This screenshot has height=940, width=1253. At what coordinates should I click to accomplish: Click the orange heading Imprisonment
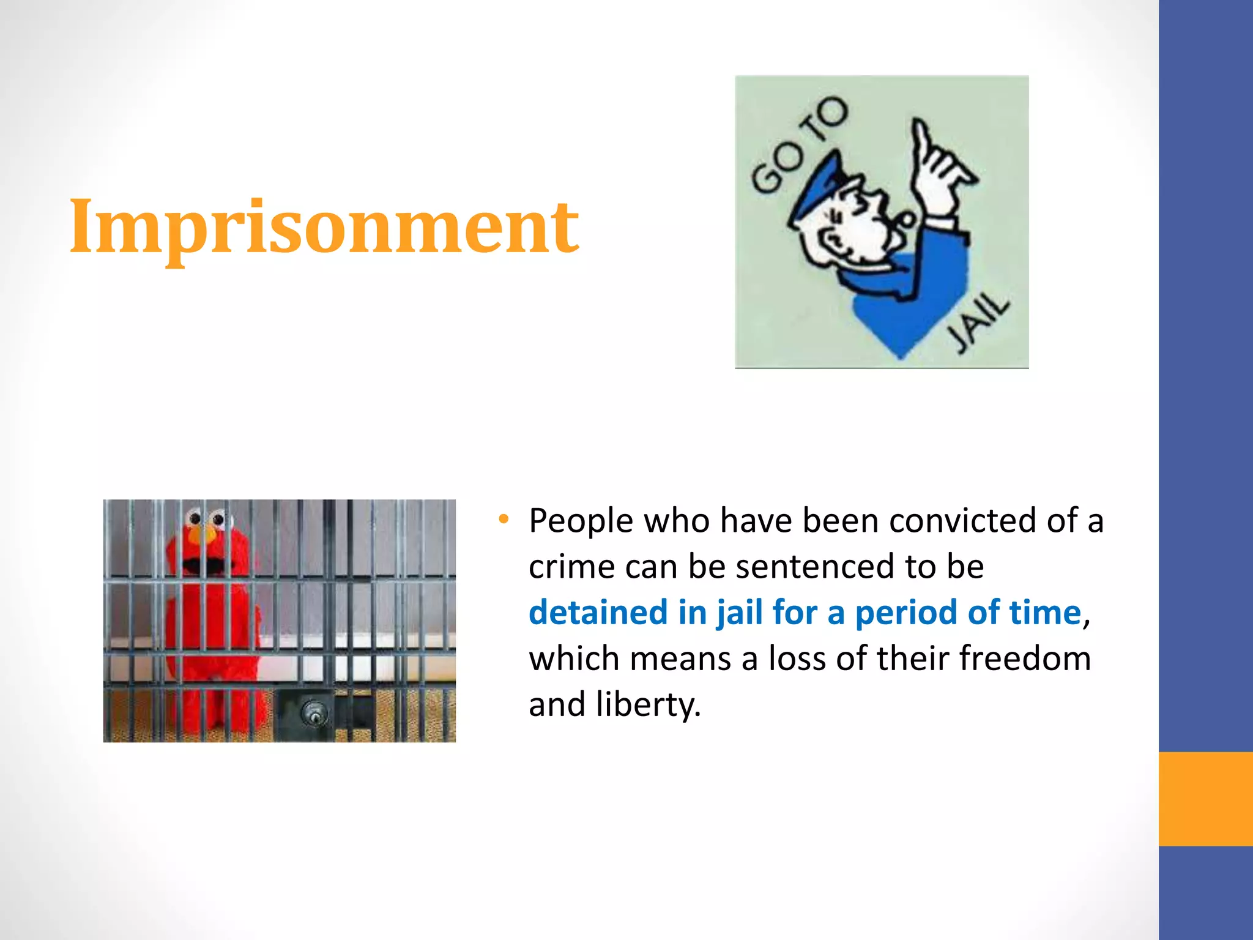pyautogui.click(x=324, y=228)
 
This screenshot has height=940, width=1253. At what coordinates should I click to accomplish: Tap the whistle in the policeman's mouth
pyautogui.click(x=905, y=219)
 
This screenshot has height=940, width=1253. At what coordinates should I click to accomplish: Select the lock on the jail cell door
pyautogui.click(x=314, y=714)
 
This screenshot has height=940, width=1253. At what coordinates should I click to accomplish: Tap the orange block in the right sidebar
pyautogui.click(x=1205, y=799)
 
